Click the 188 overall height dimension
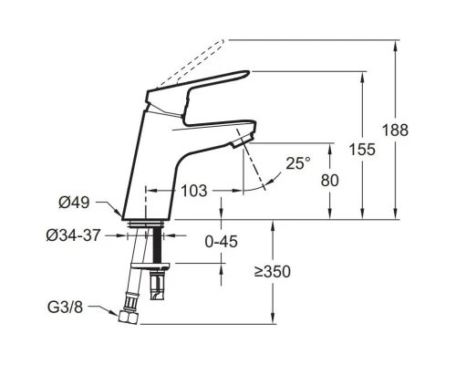[395, 130]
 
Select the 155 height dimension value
[362, 150]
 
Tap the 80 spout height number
[329, 180]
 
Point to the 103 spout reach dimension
[194, 191]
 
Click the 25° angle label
[298, 163]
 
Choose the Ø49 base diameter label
[74, 203]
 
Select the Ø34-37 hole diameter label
[73, 235]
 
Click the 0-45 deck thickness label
[222, 242]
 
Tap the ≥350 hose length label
[273, 272]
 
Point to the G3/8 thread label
[65, 308]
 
